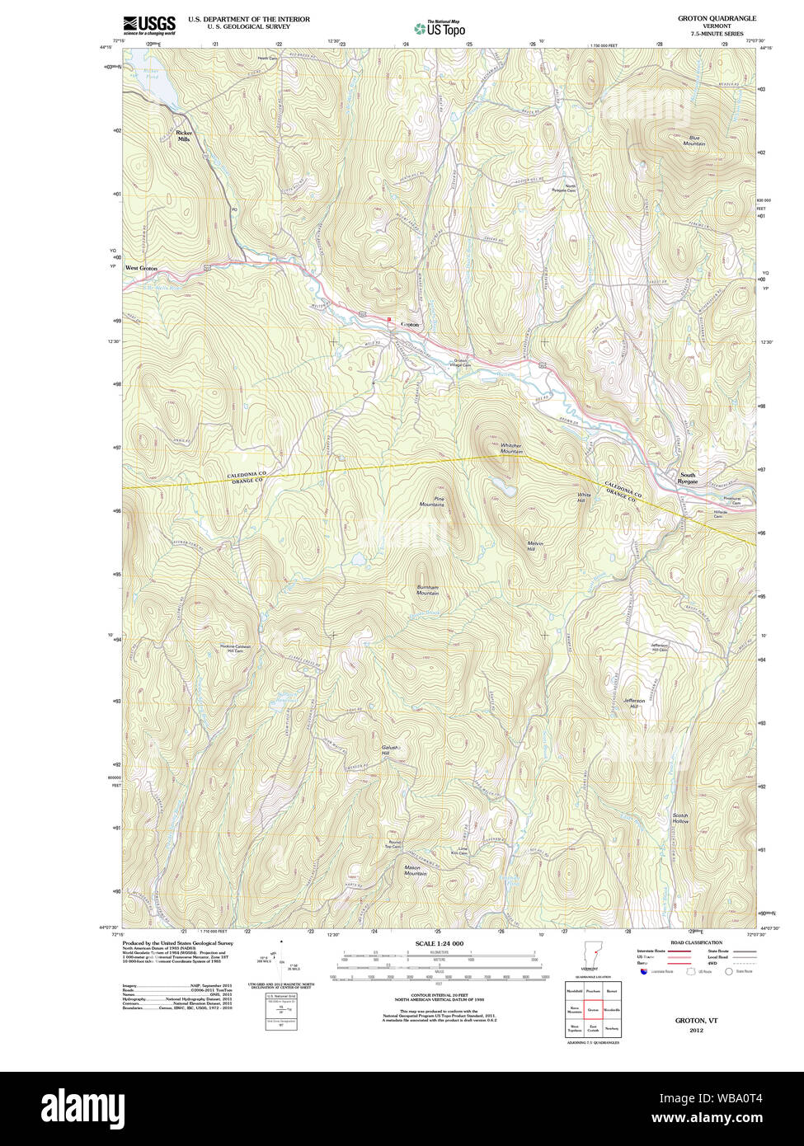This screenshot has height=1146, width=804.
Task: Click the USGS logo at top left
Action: click(x=149, y=25)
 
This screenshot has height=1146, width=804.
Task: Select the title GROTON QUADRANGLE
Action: click(x=717, y=18)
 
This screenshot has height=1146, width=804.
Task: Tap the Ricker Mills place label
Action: click(x=184, y=136)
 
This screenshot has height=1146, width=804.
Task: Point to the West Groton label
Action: click(x=141, y=268)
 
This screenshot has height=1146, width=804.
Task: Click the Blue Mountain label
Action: click(x=694, y=141)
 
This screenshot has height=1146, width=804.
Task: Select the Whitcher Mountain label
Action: click(x=511, y=449)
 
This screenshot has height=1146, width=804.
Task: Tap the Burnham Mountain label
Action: click(x=427, y=590)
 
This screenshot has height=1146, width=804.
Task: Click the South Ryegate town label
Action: click(x=688, y=477)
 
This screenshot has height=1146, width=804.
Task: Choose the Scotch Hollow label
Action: click(x=680, y=818)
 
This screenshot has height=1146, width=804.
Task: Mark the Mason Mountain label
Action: click(x=415, y=870)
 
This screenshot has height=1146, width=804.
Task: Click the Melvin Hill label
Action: click(x=537, y=546)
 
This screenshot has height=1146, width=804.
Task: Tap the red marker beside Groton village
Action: click(x=389, y=319)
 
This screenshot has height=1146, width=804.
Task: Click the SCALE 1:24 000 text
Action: click(x=439, y=943)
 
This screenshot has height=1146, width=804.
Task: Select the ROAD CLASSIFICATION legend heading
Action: click(x=696, y=942)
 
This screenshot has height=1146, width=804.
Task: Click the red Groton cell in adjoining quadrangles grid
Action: click(x=593, y=1008)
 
